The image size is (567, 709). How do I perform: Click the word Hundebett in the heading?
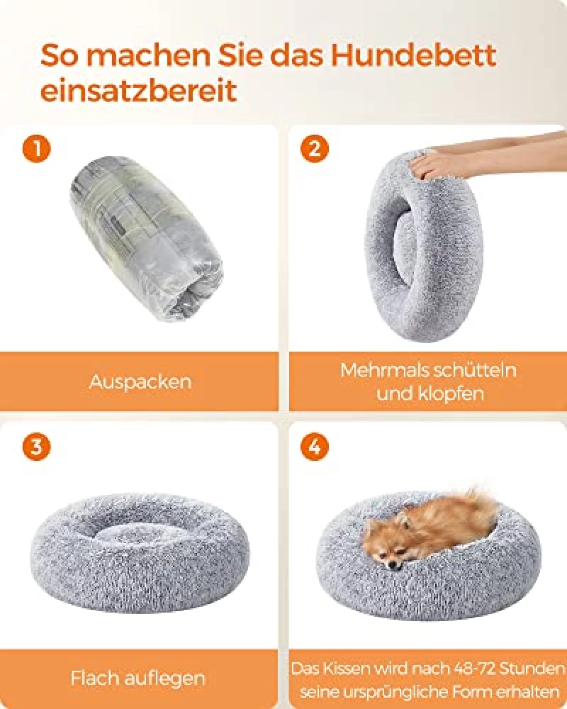413,55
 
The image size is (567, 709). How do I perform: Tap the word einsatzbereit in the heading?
139,91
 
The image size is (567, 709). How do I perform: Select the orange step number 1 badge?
37,148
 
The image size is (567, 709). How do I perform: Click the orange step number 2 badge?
315,148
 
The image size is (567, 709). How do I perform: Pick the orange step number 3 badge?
37,447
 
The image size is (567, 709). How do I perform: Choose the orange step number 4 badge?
315,447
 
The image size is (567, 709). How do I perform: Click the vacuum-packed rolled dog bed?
146,238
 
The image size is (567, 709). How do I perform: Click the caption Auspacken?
140,382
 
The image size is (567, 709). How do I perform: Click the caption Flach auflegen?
138,679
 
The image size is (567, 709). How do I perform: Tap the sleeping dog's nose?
393,565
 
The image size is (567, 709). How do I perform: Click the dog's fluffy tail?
479,504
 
